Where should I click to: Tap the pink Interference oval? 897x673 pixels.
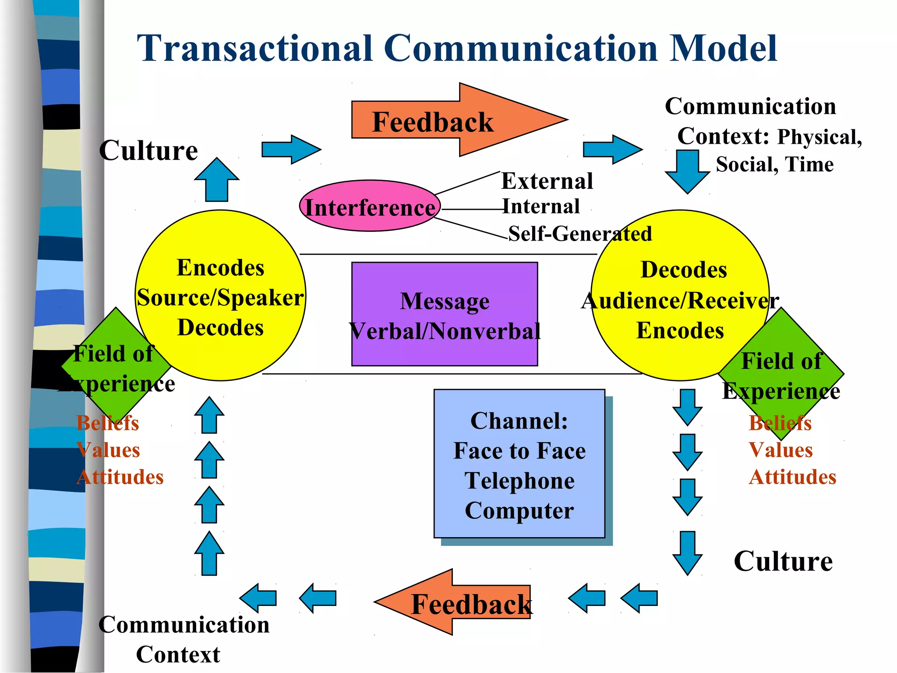370,206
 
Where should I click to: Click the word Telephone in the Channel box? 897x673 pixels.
519,481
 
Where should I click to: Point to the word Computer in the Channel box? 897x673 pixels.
519,510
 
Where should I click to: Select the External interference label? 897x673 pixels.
547,181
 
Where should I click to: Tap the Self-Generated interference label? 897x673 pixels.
580,234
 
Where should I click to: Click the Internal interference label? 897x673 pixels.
541,206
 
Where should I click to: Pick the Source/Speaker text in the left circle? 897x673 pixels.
220,298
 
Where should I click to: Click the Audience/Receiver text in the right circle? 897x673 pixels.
680,301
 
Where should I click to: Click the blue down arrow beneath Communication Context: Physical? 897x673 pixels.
687,171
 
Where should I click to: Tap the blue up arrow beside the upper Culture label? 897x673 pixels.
217,180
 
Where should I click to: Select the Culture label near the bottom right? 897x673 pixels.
783,561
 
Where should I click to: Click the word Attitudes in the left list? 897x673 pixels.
120,477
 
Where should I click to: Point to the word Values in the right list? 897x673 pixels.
780,450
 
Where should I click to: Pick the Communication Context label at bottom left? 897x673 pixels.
184,639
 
